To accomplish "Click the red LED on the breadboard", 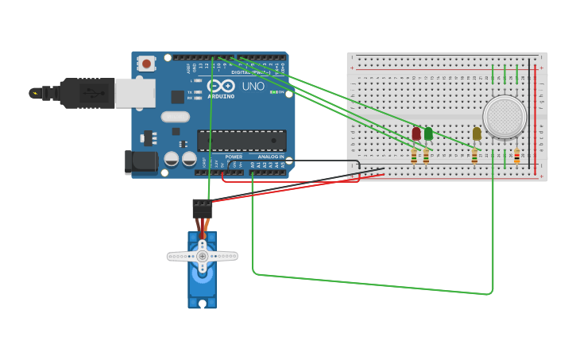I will tap(416, 134).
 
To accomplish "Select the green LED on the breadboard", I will tap(428, 134).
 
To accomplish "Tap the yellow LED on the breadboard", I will tap(477, 134).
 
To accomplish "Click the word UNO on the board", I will tap(253, 86).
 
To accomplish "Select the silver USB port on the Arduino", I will tap(134, 93).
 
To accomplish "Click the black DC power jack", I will tap(141, 162).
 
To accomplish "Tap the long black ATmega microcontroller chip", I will tap(242, 141).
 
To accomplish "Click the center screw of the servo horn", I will tap(202, 256).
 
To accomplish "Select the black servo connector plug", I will tap(202, 208).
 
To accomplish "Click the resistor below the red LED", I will tap(414, 156).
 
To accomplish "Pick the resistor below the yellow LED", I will tap(475, 156).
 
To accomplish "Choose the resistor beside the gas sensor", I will tap(517, 156).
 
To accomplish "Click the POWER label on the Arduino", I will tap(234, 157).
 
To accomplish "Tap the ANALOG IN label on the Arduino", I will tap(270, 157).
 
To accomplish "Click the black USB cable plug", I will tap(87, 93).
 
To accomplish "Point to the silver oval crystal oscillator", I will tap(175, 117).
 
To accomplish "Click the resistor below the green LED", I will tap(426, 156).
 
